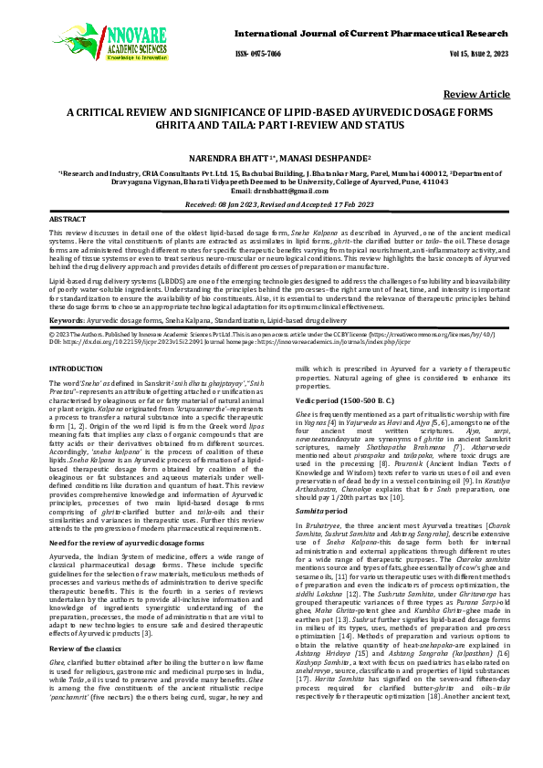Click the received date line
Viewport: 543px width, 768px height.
[x=271, y=205]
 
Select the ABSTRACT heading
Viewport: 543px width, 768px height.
[x=68, y=221]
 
